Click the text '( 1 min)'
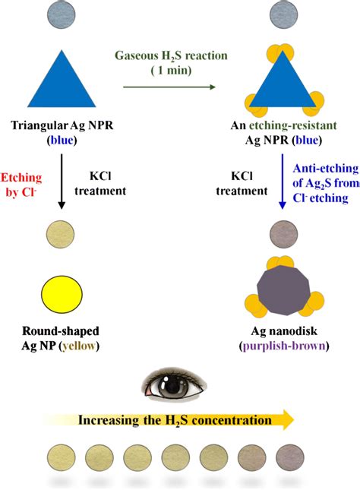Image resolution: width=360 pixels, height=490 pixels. (169, 71)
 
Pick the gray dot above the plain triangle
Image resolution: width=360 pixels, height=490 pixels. (59, 13)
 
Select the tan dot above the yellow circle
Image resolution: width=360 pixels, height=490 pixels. (59, 232)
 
